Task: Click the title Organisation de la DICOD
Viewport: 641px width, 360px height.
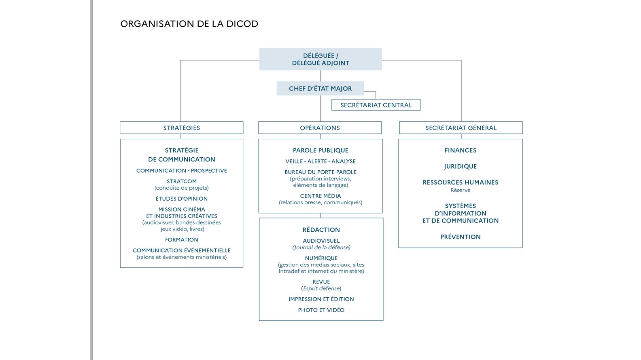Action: [189, 24]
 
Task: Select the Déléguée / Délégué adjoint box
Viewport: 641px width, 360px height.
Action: [320, 59]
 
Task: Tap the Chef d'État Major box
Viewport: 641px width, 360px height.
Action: [320, 88]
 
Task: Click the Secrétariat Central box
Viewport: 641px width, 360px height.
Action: [376, 105]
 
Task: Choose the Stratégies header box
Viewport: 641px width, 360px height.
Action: [181, 128]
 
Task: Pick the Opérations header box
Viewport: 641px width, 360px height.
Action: [320, 128]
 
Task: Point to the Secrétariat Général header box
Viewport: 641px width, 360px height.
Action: [461, 128]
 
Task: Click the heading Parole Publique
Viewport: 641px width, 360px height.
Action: [320, 150]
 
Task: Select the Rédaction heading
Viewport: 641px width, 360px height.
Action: [321, 230]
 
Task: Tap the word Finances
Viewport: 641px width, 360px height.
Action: [461, 150]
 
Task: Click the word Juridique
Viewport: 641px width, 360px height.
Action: [461, 166]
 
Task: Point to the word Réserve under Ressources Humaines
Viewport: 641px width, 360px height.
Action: [461, 190]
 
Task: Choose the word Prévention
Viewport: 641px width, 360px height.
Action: [461, 237]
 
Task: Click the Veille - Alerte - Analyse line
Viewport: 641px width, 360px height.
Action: [320, 161]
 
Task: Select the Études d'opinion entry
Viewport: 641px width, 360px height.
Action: [181, 199]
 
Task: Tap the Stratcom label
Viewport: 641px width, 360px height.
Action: [181, 181]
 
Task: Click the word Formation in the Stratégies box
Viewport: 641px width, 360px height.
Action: [181, 239]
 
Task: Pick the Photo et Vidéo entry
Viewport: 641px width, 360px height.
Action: [321, 310]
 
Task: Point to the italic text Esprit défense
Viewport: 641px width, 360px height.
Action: [321, 288]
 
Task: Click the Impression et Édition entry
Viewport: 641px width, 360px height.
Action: [321, 299]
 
